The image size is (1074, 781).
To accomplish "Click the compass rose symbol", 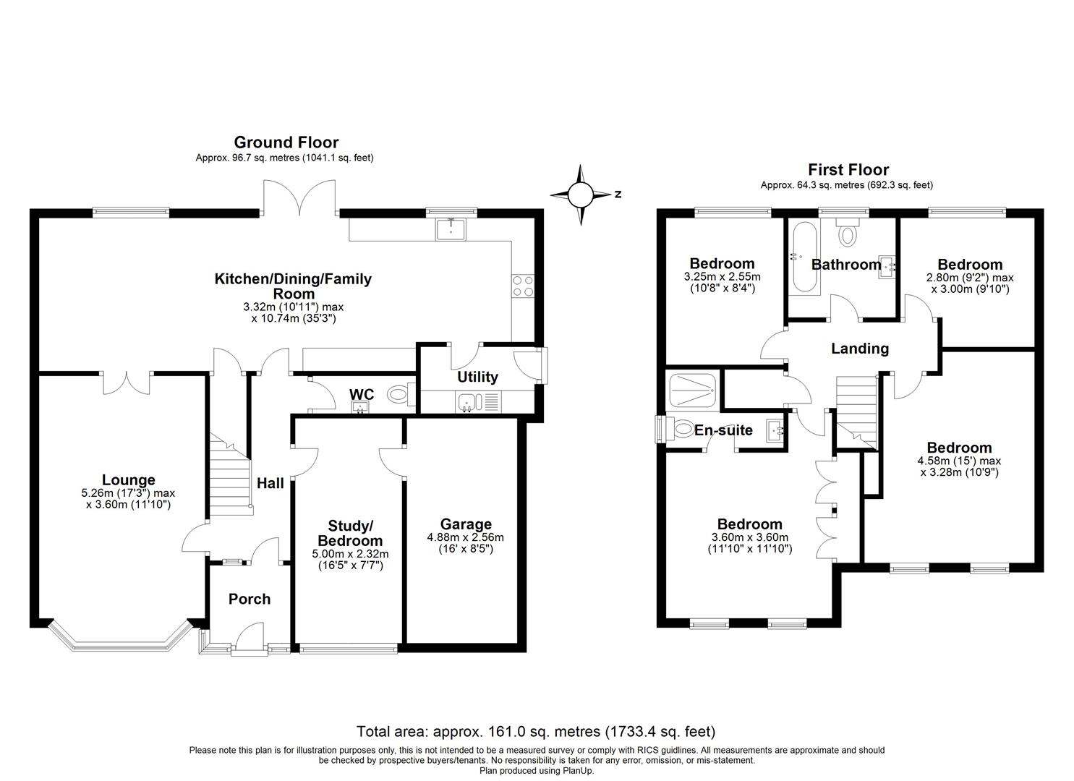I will [x=580, y=195].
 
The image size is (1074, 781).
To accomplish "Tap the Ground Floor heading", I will [x=286, y=142].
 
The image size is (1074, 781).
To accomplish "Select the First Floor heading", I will [x=848, y=170].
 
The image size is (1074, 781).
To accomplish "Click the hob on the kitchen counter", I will [x=523, y=287].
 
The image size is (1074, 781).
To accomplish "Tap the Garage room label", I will [x=466, y=524].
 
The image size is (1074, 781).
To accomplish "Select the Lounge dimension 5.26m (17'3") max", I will [x=128, y=493].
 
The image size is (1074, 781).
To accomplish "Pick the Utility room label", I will [x=477, y=377].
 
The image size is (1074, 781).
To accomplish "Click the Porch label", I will [x=250, y=599].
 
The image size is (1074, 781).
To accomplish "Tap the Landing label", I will [x=859, y=349].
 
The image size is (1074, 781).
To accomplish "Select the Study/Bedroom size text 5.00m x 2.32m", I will [x=350, y=554].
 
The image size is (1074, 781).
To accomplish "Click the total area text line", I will [x=536, y=731].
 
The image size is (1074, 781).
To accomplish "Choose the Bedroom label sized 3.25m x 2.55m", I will [x=722, y=263].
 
